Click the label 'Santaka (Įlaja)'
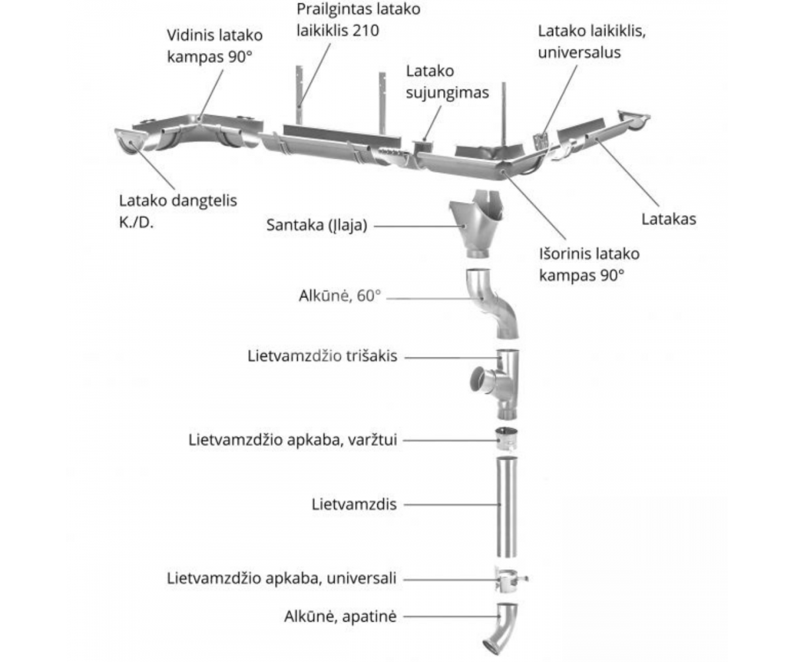coord(317,225)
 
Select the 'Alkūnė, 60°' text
coord(340,296)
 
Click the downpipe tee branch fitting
coord(500,383)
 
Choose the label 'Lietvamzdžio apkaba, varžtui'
coord(293,439)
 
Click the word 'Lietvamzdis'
coord(354,504)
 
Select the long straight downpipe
coord(507,506)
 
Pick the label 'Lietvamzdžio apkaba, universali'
coord(283,578)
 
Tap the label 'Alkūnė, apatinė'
coord(340,616)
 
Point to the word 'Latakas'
coord(668,219)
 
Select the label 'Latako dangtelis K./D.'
coord(177,209)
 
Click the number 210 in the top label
coord(367,30)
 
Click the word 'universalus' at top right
coord(579,52)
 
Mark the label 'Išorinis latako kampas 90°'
coord(589,263)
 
